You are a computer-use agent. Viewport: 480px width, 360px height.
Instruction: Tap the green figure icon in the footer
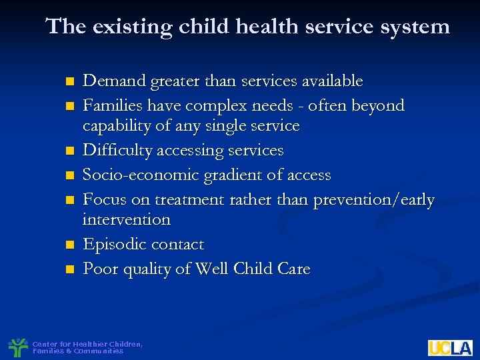pyautogui.click(x=17, y=347)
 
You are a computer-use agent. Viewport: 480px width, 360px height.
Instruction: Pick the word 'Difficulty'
pyautogui.click(x=117, y=151)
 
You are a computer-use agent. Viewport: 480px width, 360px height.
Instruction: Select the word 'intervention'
pyautogui.click(x=126, y=219)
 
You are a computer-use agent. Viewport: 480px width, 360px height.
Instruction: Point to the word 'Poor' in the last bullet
pyautogui.click(x=99, y=269)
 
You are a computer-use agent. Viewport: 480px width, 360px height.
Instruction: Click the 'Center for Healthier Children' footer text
pyautogui.click(x=87, y=344)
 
